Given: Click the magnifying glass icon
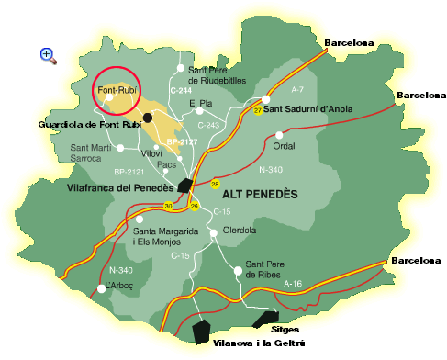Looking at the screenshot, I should [x=48, y=55].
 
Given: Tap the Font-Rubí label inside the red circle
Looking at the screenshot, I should [x=116, y=90].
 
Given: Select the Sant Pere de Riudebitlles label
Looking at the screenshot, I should [x=217, y=74].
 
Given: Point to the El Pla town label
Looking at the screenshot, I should [x=200, y=103].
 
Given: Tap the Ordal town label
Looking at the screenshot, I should [x=285, y=145].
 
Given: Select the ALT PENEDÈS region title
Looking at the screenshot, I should [x=261, y=195].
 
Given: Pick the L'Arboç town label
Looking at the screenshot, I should [x=120, y=287].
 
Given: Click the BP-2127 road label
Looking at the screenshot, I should [x=182, y=142].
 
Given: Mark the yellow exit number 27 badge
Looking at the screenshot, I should [x=258, y=110].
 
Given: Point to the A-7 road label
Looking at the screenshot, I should [x=296, y=90].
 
